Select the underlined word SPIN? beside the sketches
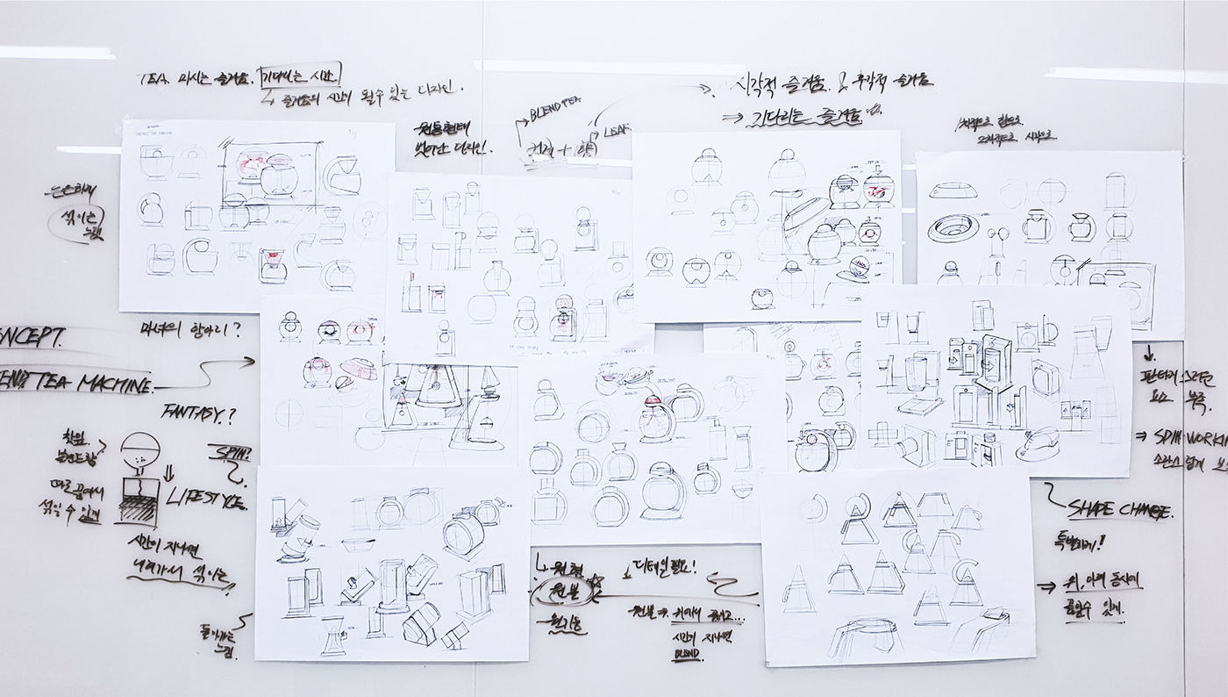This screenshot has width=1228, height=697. pyautogui.click(x=229, y=455)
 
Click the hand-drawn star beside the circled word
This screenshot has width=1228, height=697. pyautogui.click(x=596, y=581)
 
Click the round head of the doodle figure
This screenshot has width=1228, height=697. pyautogui.click(x=137, y=449)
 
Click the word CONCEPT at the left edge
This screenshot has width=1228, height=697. pyautogui.click(x=31, y=337)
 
